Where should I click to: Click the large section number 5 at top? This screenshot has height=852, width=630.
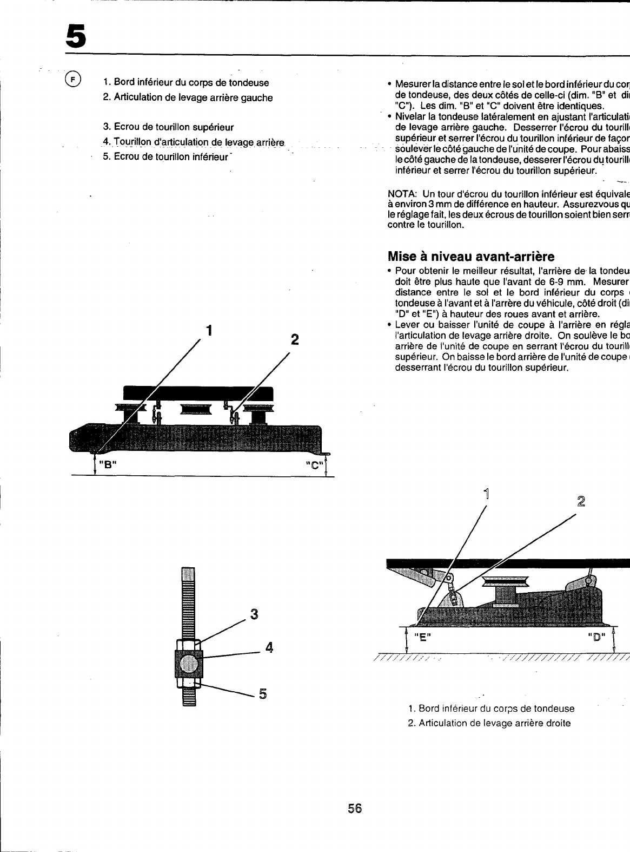(x=76, y=36)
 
